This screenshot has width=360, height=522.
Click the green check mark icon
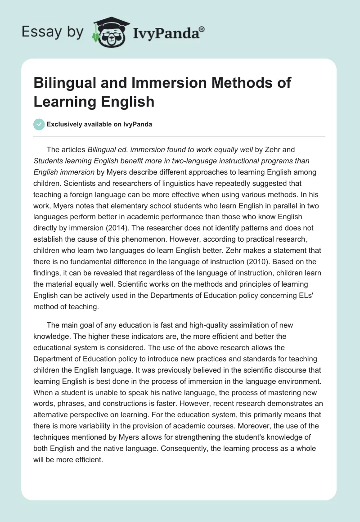coord(40,124)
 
